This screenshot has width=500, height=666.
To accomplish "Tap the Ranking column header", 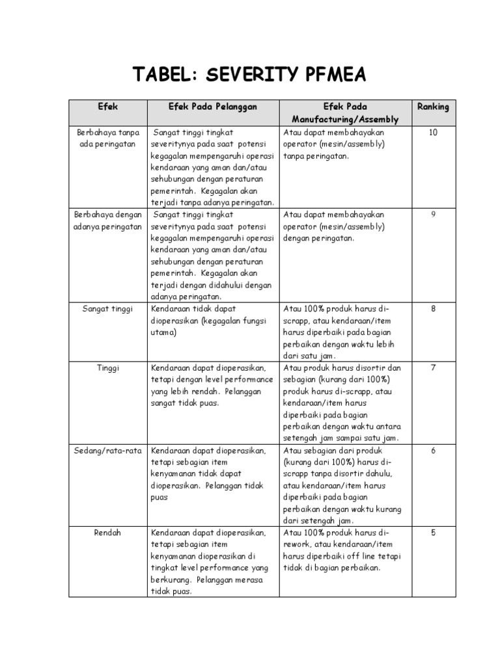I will [433, 107].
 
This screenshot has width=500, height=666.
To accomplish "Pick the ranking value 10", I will [433, 132].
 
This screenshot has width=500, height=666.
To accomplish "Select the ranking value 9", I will [433, 214].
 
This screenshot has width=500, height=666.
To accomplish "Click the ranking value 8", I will [433, 308].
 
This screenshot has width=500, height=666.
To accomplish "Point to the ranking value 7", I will [433, 367].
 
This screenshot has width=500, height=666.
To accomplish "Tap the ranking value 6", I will [433, 450].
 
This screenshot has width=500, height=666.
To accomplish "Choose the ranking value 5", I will [433, 533].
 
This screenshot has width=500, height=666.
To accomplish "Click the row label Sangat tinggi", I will [107, 308].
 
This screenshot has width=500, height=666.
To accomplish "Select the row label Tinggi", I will [107, 367].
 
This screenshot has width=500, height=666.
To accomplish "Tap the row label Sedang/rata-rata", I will [107, 450].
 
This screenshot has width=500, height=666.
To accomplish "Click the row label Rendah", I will [107, 533].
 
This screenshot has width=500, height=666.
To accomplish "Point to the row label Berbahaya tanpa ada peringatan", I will [107, 138].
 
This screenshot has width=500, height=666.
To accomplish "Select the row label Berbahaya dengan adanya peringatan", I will [107, 220].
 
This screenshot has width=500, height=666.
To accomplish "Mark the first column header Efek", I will [107, 107].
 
